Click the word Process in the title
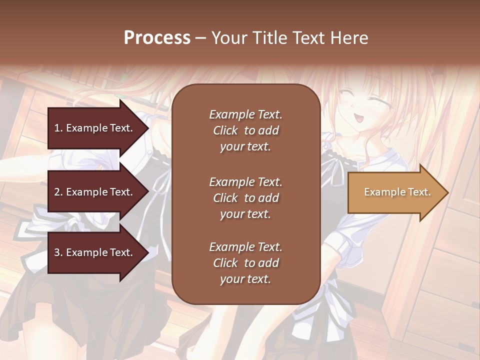[x=157, y=38]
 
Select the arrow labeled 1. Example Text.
[x=95, y=128]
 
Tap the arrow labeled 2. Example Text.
[x=95, y=192]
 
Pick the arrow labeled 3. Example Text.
[x=95, y=253]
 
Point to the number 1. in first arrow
[x=58, y=128]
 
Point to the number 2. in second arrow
[x=58, y=192]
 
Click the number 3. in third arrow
[x=58, y=253]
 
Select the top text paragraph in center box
[x=245, y=130]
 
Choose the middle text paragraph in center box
[x=245, y=198]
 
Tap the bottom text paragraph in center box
[x=245, y=263]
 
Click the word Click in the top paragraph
[x=225, y=130]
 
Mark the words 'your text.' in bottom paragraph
[x=245, y=279]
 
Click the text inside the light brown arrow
[x=397, y=192]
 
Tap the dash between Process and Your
[x=200, y=38]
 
